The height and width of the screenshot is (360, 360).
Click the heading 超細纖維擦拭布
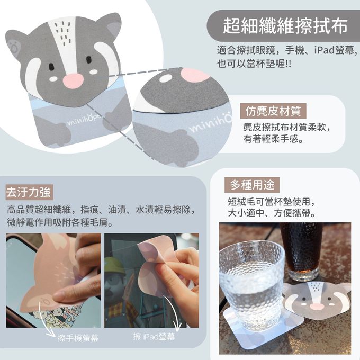click(x=285, y=26)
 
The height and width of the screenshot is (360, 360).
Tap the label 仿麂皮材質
click(x=273, y=111)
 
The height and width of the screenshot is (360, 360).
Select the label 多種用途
click(x=252, y=185)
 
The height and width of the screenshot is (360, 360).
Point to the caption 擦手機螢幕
click(x=78, y=338)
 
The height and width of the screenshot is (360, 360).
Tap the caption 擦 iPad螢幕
click(x=154, y=337)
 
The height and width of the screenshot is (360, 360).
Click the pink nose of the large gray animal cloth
click(x=73, y=81)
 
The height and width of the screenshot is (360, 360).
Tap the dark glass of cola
click(x=301, y=251)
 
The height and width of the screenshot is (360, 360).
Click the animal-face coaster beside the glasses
click(x=317, y=301)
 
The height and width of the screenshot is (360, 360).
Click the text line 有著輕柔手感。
click(x=273, y=139)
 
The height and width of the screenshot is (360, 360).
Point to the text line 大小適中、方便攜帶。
click(x=272, y=213)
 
